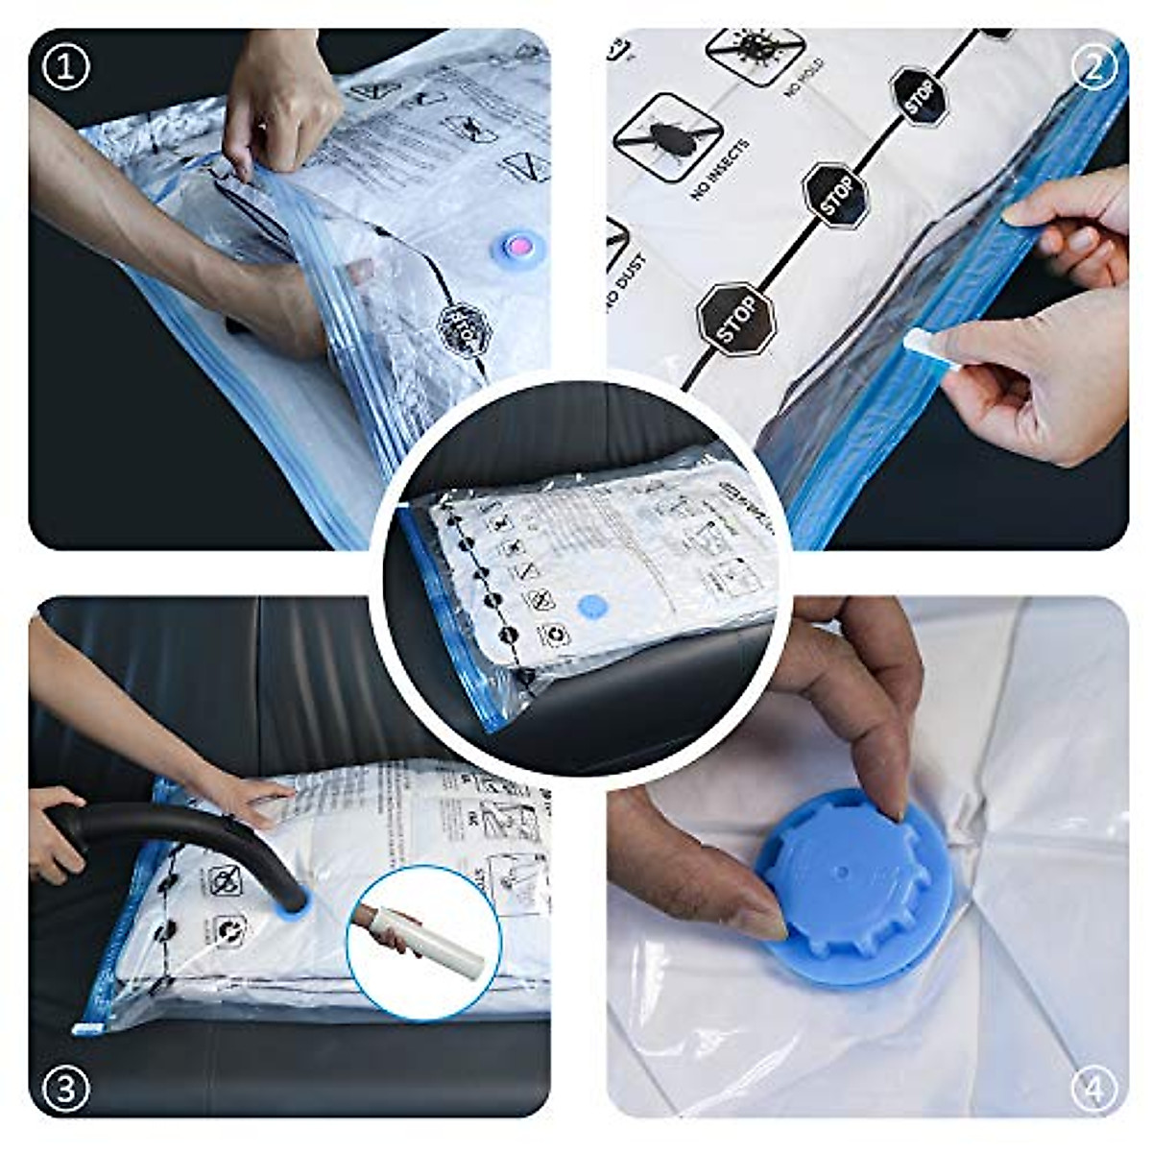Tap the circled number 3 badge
[x=66, y=1089]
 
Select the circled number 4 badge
[x=1094, y=1089]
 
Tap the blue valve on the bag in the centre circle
[x=593, y=607]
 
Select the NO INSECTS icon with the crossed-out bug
[x=666, y=134]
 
